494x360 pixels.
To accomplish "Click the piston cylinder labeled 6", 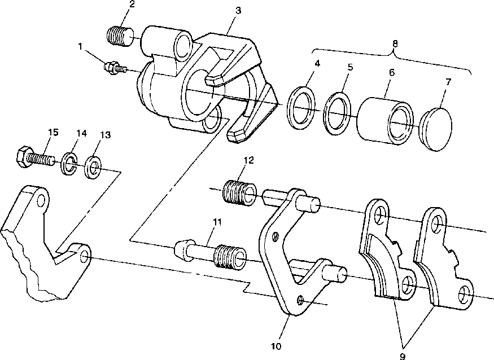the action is [384, 121].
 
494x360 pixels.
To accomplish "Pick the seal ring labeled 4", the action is [301, 108].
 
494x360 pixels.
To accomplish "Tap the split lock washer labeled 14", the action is [69, 163].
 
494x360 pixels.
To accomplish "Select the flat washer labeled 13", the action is [93, 167].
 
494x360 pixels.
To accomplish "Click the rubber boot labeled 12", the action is [239, 192].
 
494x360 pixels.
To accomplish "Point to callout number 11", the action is [217, 222].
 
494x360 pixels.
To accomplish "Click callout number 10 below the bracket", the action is [276, 346].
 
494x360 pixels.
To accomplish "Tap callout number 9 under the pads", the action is [403, 357].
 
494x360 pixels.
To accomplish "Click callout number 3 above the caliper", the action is [238, 10].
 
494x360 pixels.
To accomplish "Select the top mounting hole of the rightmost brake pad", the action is [436, 222].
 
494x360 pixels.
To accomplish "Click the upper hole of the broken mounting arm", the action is [41, 200].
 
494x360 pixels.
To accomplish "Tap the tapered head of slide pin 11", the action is [181, 250].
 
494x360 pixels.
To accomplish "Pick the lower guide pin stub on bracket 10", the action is [335, 274].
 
